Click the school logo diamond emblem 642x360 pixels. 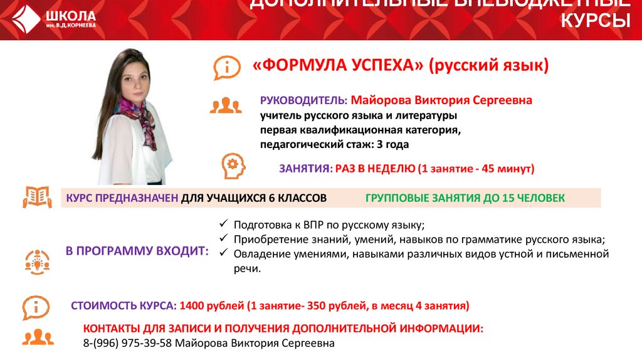(x=25, y=19)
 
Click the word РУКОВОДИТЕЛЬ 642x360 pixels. (x=303, y=101)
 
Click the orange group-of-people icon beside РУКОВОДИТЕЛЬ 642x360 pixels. (x=226, y=105)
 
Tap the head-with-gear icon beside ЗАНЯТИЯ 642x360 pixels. (x=231, y=166)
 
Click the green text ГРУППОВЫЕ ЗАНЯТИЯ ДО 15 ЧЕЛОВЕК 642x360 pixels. (x=465, y=198)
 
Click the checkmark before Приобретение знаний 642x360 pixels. (x=224, y=239)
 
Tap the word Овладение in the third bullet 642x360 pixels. (x=259, y=254)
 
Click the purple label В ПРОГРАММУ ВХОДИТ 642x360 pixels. (x=137, y=251)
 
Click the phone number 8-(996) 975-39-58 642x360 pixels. (x=128, y=344)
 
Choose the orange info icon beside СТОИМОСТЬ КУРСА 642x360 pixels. (x=37, y=307)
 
